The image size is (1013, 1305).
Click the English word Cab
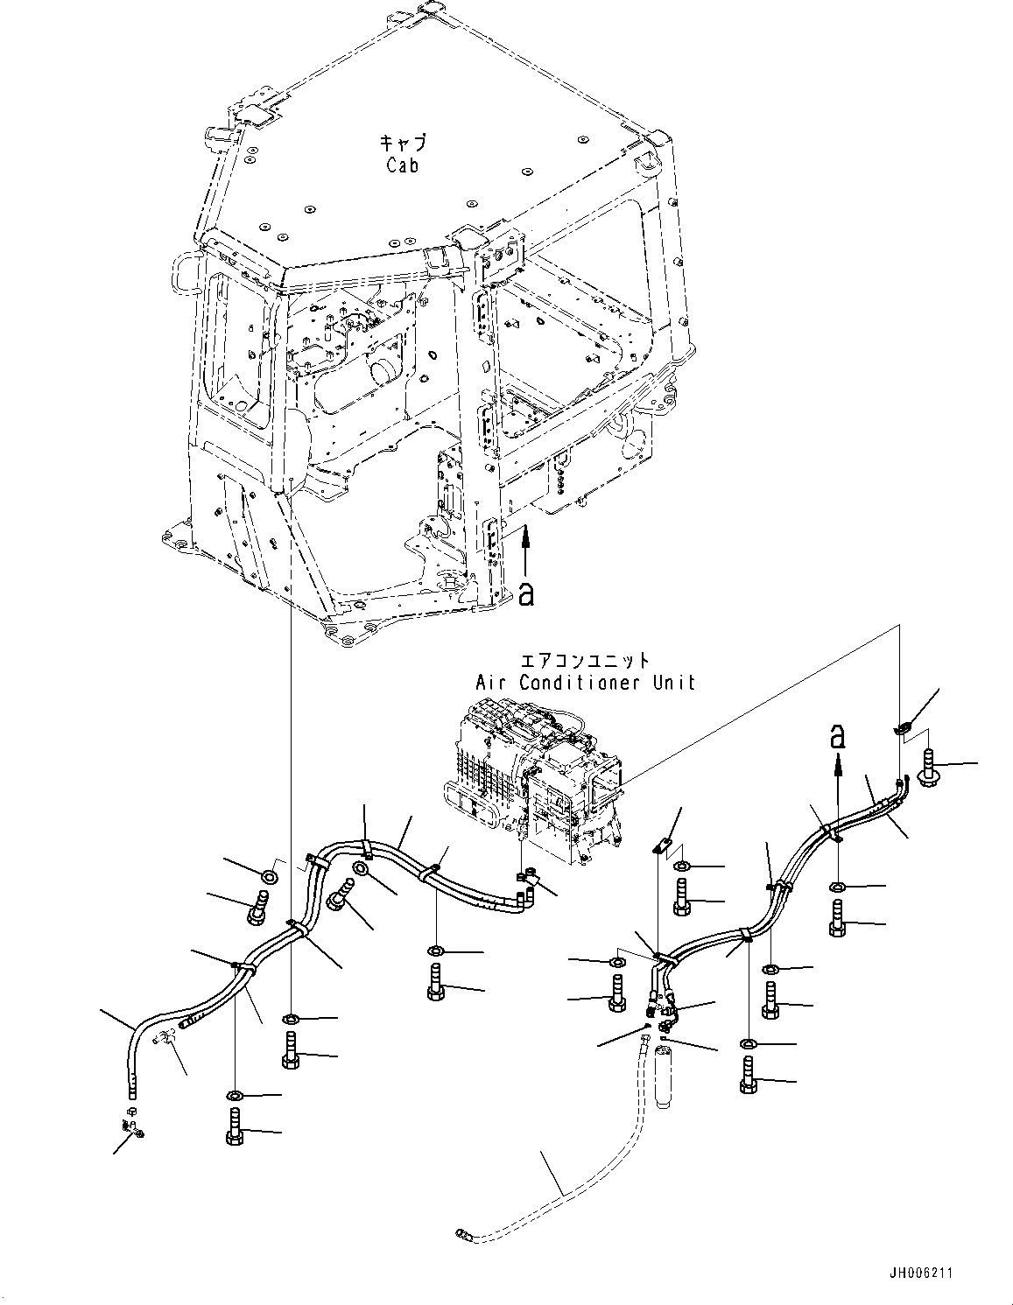(402, 165)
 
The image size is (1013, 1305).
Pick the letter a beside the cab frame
(525, 593)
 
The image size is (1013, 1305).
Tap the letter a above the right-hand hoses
(838, 737)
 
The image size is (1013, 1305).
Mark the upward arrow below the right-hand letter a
(838, 770)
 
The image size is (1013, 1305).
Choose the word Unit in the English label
(675, 682)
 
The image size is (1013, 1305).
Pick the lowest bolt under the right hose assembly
(749, 1077)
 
